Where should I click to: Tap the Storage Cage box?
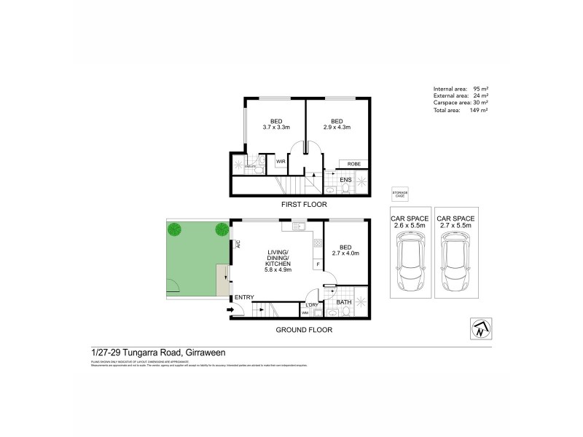pos(399,194)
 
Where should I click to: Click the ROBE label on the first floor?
pos(353,165)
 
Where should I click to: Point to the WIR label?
pos(281,162)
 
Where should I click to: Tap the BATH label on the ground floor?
pos(343,301)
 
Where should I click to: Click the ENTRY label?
pos(243,297)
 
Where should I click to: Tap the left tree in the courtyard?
pos(175,230)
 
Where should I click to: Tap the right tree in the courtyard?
pos(220,230)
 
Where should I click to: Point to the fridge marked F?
pos(318,264)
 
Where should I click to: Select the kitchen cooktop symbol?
pos(318,243)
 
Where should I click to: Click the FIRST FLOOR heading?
pos(305,206)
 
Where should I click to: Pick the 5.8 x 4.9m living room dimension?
pos(278,269)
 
